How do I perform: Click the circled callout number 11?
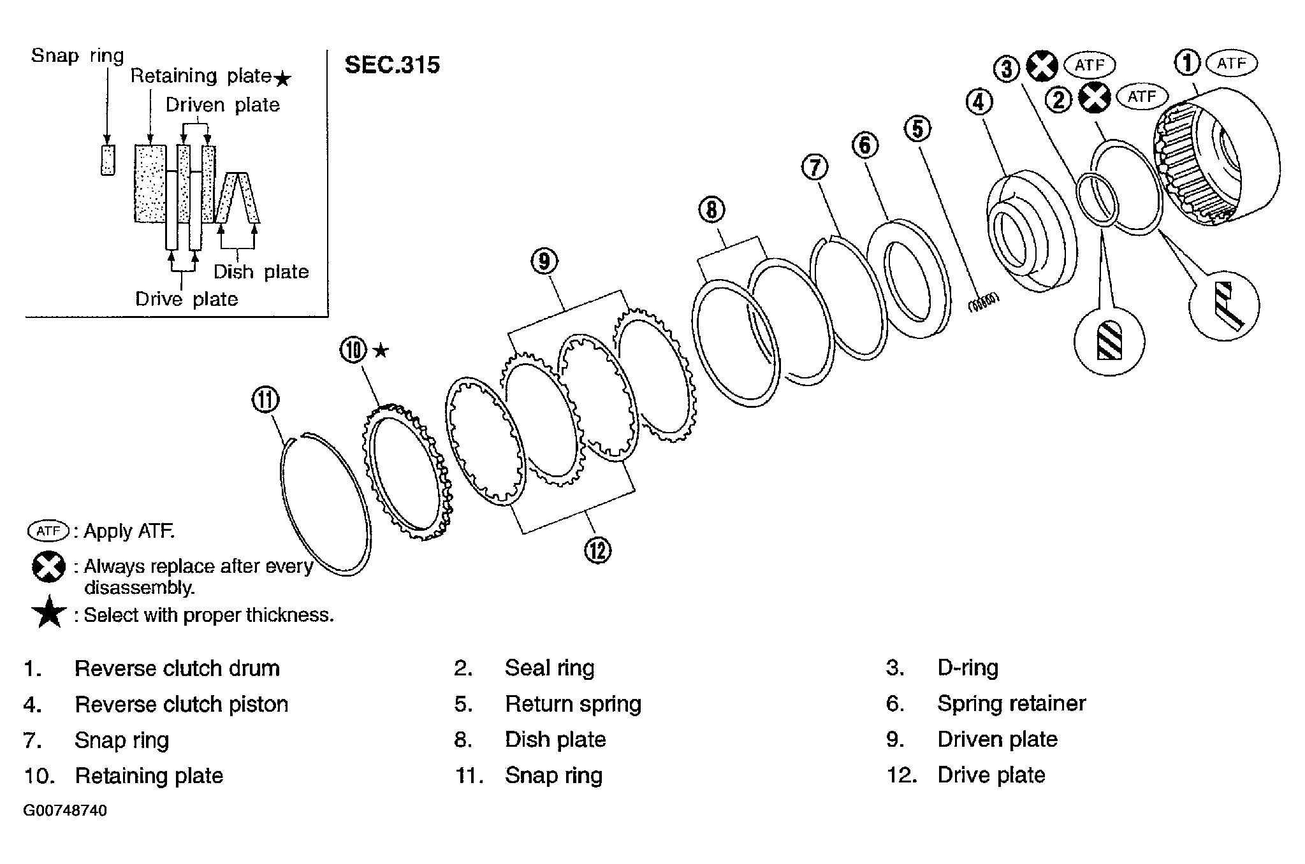click(x=265, y=400)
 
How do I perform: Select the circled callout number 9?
click(x=544, y=261)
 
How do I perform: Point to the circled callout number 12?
click(x=597, y=550)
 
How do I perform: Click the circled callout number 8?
click(x=711, y=210)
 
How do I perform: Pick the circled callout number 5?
click(x=917, y=129)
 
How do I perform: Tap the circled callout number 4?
click(x=979, y=102)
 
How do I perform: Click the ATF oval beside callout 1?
click(x=1231, y=64)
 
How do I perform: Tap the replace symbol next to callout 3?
click(x=1042, y=66)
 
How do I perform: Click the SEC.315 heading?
click(x=392, y=65)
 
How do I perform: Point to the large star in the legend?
click(x=48, y=613)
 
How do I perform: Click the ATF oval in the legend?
click(x=48, y=531)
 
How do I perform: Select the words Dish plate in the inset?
click(x=261, y=272)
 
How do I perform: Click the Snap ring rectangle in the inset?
click(x=108, y=159)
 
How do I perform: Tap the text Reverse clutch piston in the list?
click(x=182, y=704)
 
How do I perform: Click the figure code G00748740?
click(x=66, y=811)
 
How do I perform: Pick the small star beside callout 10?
click(x=381, y=350)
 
